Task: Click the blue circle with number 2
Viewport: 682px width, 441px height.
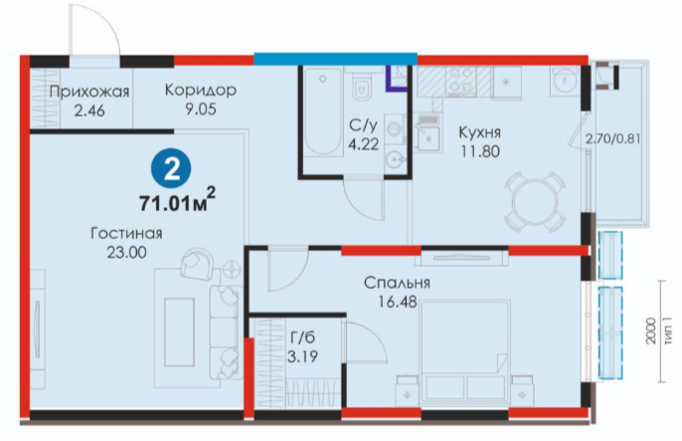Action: pyautogui.click(x=172, y=169)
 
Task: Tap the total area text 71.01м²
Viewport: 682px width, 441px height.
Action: pyautogui.click(x=177, y=200)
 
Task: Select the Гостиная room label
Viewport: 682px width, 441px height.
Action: pyautogui.click(x=126, y=234)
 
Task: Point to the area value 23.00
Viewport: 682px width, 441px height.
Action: pyautogui.click(x=126, y=253)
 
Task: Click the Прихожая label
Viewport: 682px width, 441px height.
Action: pyautogui.click(x=89, y=93)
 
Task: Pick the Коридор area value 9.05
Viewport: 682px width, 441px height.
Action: pyautogui.click(x=201, y=109)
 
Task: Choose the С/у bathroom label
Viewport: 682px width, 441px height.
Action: pyautogui.click(x=363, y=125)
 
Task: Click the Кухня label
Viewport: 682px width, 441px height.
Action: pyautogui.click(x=480, y=132)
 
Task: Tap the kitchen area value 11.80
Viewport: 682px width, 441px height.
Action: pyautogui.click(x=480, y=152)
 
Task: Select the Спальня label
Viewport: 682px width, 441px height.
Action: pyautogui.click(x=397, y=283)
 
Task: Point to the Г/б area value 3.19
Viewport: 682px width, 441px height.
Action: pyautogui.click(x=302, y=357)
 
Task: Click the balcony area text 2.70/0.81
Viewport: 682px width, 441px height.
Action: pyautogui.click(x=612, y=139)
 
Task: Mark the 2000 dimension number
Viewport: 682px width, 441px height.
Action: pyautogui.click(x=650, y=331)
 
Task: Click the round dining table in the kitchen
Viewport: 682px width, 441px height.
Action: pyautogui.click(x=536, y=201)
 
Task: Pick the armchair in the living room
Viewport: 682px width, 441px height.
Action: pyautogui.click(x=198, y=264)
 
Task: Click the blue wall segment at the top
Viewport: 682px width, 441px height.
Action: pyautogui.click(x=335, y=59)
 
